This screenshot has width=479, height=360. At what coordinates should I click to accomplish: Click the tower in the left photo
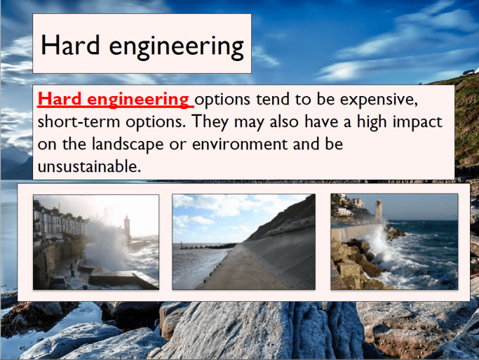pos(127,227)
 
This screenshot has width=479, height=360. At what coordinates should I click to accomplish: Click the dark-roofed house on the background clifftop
pos(466,72)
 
